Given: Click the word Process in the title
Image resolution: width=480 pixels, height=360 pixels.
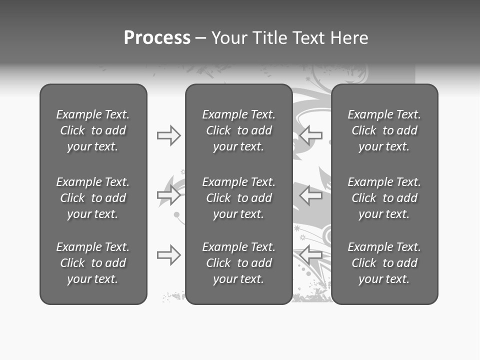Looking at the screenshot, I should (157, 38).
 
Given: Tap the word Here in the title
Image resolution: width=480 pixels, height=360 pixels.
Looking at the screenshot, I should (350, 38).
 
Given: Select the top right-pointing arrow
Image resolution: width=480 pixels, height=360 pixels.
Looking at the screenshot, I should (168, 135).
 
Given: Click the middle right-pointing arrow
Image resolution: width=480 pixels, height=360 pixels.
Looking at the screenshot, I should (168, 194).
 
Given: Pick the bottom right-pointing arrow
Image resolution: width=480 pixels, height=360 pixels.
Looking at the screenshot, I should (168, 255).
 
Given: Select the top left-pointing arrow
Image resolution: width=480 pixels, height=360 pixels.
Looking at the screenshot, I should (311, 135).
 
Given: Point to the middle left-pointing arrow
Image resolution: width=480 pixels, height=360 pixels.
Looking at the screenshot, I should (311, 194).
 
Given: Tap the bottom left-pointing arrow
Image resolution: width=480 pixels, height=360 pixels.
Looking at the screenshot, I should (311, 255).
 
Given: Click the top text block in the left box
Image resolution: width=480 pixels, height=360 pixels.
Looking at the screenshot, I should (93, 130).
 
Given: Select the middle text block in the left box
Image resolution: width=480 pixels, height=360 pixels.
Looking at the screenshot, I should (93, 198).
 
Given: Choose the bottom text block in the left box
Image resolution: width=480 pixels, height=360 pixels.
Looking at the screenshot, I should (93, 263).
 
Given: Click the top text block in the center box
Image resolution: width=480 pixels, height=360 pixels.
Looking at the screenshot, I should (238, 130).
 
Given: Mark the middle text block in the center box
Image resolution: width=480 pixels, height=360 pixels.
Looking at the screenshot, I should (238, 198).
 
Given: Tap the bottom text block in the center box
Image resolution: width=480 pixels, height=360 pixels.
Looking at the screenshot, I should (238, 263).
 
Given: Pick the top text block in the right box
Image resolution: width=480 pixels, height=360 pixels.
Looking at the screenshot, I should (384, 130).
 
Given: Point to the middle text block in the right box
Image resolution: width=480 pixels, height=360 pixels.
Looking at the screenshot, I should (384, 198).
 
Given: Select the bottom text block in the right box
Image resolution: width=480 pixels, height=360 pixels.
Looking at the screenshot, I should (384, 263).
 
